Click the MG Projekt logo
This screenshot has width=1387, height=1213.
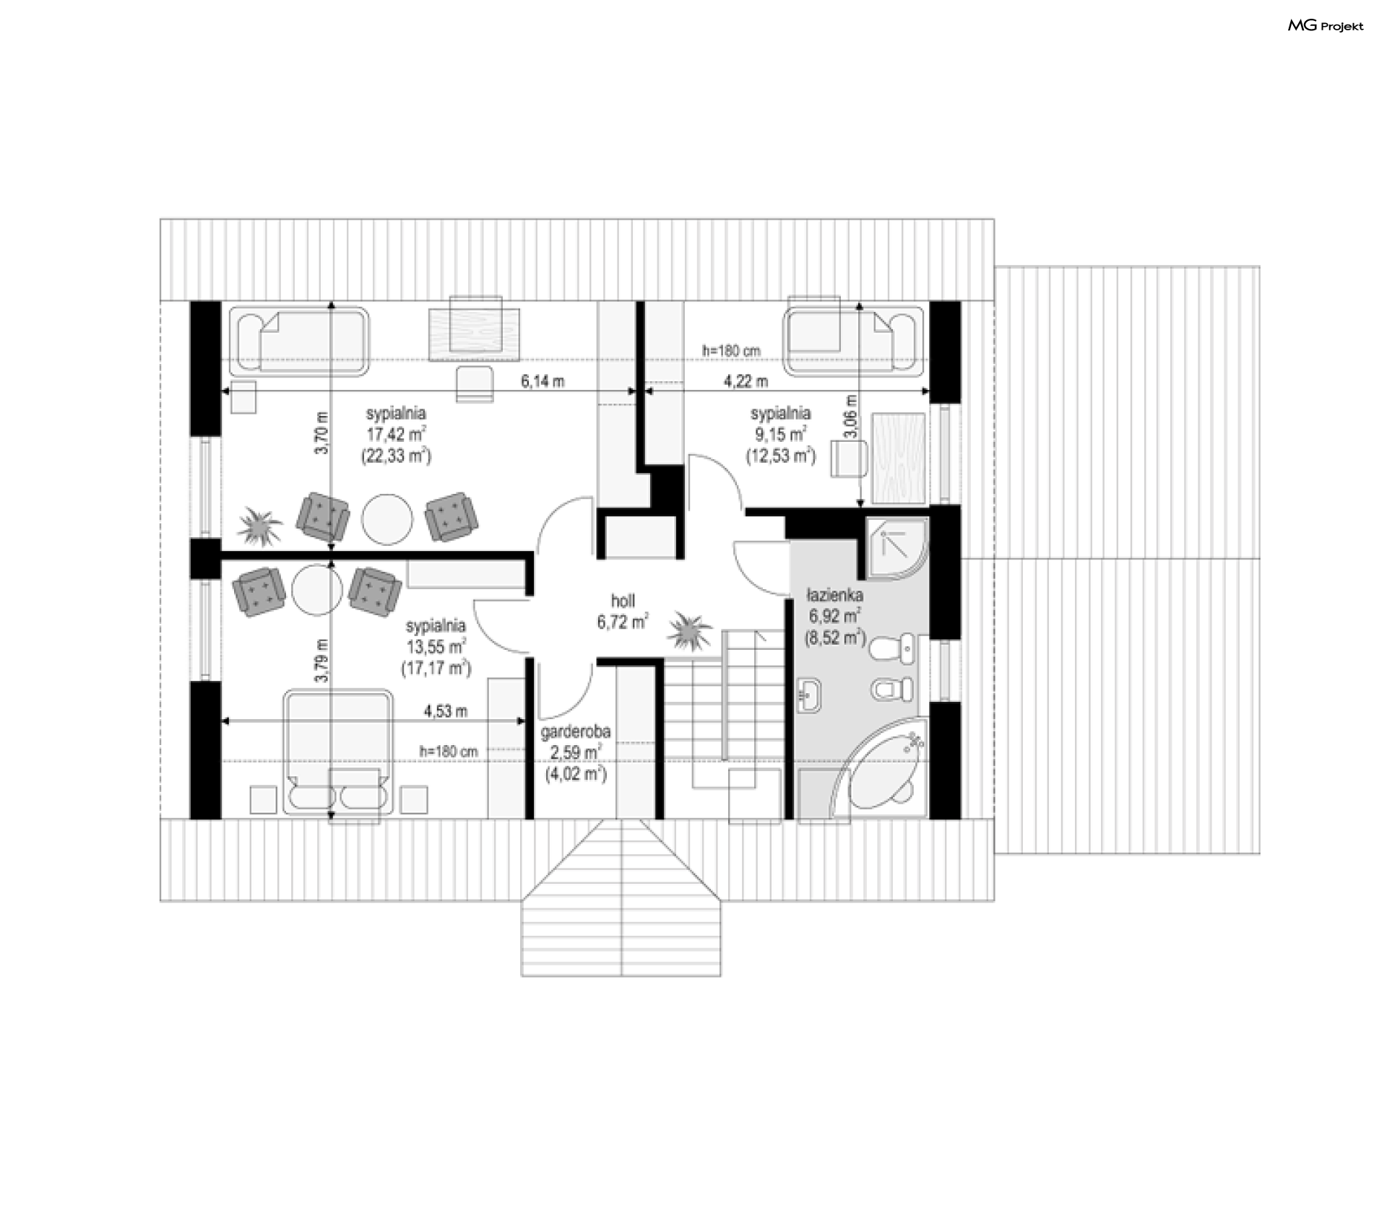(1326, 26)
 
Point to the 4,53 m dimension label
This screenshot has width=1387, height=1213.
(445, 710)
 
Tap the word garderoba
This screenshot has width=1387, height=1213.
(576, 731)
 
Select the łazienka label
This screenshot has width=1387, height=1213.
(834, 596)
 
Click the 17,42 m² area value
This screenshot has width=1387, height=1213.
(395, 435)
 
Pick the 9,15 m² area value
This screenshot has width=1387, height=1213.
(780, 435)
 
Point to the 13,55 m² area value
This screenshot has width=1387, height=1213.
(436, 647)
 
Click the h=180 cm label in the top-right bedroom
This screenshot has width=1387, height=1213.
(731, 351)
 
